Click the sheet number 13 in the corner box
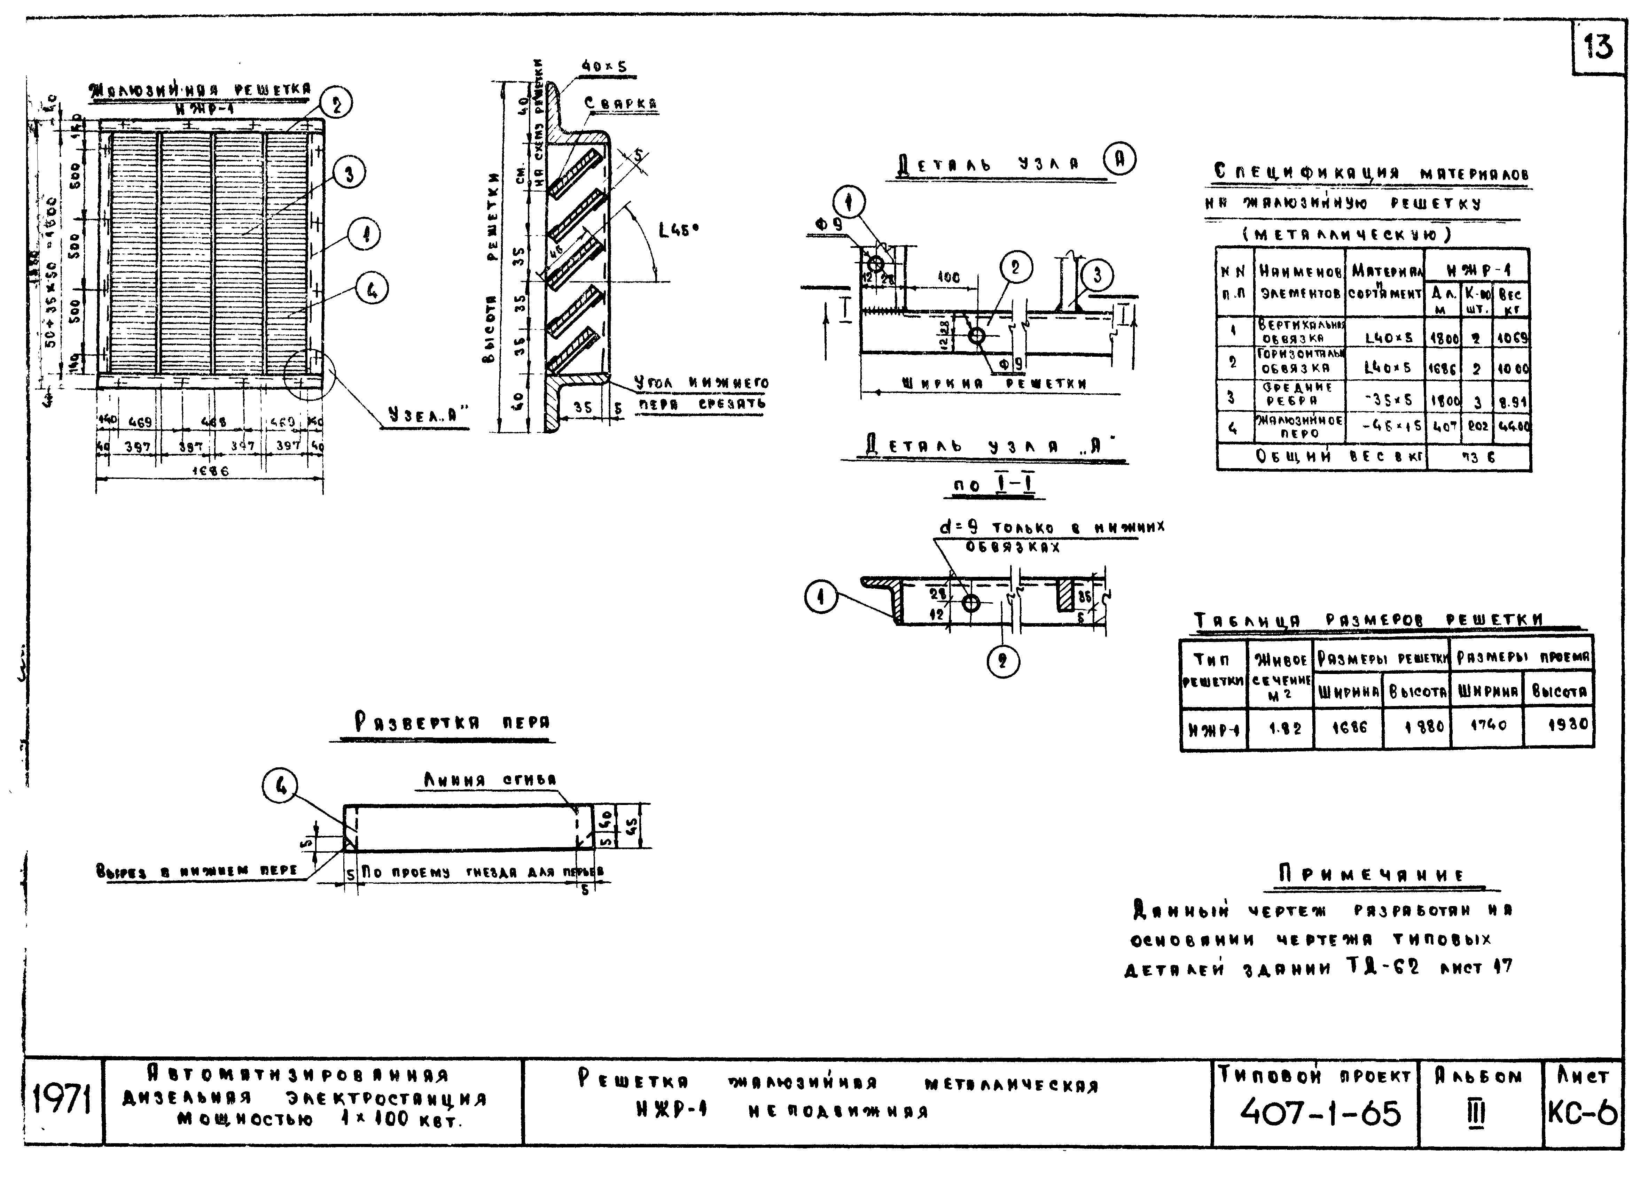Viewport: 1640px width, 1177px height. pyautogui.click(x=1598, y=48)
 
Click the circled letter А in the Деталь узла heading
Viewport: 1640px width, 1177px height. pyautogui.click(x=1119, y=161)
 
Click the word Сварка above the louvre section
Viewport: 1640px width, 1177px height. pyautogui.click(x=620, y=104)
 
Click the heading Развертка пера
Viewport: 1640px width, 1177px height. pyautogui.click(x=452, y=722)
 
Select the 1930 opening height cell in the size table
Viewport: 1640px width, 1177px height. pyautogui.click(x=1566, y=724)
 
